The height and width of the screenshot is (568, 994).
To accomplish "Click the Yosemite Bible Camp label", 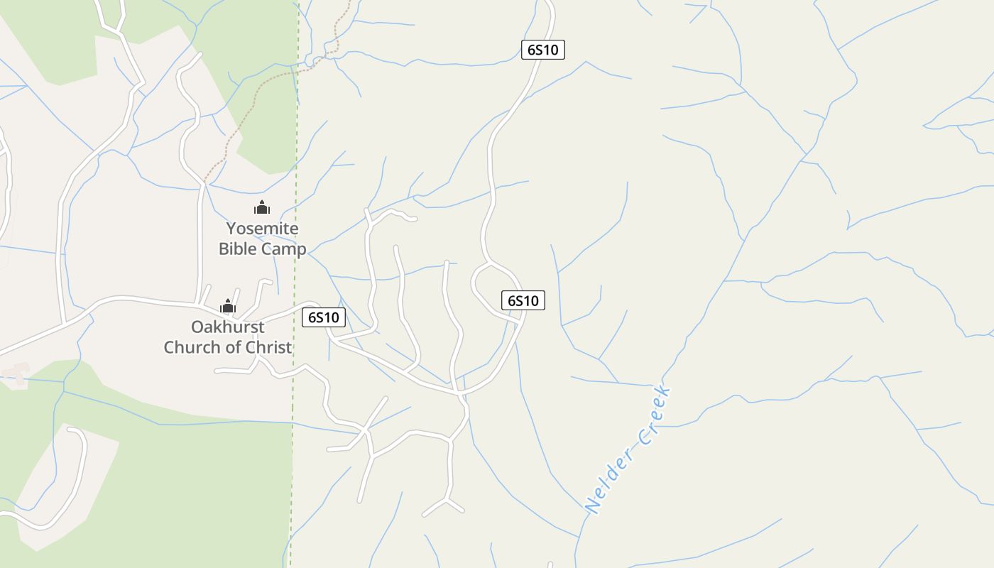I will click(x=262, y=239).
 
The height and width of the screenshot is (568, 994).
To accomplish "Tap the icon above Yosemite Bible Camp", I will click(x=262, y=207).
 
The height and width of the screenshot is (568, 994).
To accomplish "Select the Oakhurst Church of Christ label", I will click(x=228, y=337).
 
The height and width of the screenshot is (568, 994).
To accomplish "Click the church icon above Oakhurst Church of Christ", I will click(x=228, y=306).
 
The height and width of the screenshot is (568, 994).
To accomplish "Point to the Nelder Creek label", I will click(x=628, y=449).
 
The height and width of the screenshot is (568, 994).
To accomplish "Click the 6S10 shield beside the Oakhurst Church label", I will click(x=324, y=317).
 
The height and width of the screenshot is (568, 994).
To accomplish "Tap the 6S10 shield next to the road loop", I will click(x=523, y=300).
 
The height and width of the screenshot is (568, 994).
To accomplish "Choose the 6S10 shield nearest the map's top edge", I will click(x=543, y=50).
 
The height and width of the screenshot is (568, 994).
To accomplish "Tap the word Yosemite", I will click(x=262, y=229).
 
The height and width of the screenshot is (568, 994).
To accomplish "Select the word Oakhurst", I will click(x=227, y=327).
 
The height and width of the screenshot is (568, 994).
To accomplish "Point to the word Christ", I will click(x=270, y=347).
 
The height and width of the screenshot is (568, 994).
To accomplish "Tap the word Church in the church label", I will click(x=192, y=347).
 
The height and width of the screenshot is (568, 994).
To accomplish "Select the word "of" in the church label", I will click(x=234, y=347).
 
